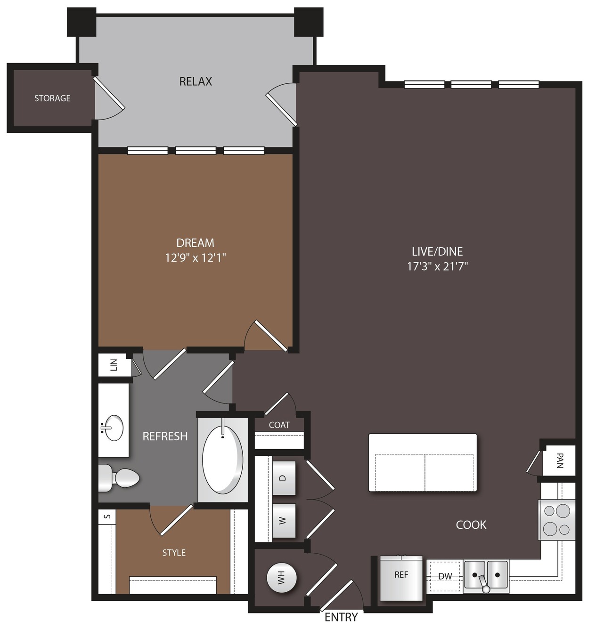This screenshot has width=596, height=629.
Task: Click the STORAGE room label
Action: tap(52, 98)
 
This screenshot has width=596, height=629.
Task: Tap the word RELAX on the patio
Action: tap(196, 81)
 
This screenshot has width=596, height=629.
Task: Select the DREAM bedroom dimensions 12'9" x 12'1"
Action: tap(196, 258)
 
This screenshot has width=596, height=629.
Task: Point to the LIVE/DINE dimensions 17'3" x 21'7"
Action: tap(438, 266)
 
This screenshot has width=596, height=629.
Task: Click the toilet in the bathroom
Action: tap(119, 478)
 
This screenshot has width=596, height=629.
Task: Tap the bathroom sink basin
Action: tap(113, 428)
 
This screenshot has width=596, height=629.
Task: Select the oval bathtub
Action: tap(222, 460)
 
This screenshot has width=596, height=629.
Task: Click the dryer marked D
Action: tap(284, 478)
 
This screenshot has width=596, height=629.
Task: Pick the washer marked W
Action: tap(284, 521)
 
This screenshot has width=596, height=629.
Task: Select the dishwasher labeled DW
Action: tap(445, 576)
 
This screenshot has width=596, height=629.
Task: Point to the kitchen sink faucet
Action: tap(483, 582)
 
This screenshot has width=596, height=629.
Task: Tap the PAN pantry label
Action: tap(560, 460)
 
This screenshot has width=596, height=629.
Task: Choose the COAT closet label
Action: tap(279, 425)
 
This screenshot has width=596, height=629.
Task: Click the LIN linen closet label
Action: tap(114, 365)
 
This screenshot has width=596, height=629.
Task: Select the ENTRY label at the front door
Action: tap(341, 617)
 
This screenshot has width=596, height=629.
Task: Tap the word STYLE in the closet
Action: tap(174, 553)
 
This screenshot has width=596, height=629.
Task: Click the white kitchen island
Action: tap(423, 462)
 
